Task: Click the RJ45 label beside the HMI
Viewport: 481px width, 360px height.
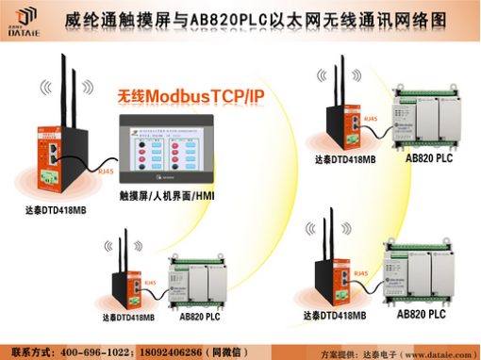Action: (x=106, y=172)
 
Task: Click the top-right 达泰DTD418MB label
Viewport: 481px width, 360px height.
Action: (x=345, y=159)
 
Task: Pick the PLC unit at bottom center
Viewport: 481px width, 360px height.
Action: (x=202, y=287)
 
